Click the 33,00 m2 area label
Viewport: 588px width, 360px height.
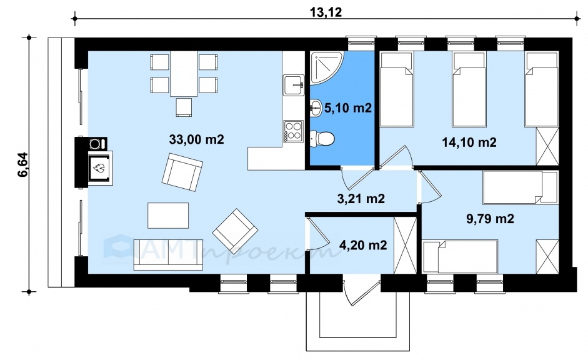(196, 139)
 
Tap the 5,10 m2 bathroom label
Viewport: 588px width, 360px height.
(347, 108)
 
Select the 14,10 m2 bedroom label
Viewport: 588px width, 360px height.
(469, 142)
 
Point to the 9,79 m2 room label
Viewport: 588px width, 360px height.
(490, 218)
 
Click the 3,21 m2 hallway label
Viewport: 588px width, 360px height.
(361, 198)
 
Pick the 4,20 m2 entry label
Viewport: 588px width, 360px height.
(362, 245)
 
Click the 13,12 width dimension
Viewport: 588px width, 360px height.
(326, 12)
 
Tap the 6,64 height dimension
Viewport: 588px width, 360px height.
(22, 164)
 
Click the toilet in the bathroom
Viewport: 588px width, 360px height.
(322, 138)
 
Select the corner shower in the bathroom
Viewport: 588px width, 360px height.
(326, 67)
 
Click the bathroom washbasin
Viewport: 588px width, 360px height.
(316, 108)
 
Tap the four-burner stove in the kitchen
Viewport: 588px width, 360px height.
(293, 131)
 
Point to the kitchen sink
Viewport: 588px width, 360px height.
(293, 85)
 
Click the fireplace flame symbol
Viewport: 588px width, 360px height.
(99, 167)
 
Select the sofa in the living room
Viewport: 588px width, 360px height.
(168, 255)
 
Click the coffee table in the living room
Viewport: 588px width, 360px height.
(168, 215)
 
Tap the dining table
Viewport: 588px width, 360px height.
(184, 74)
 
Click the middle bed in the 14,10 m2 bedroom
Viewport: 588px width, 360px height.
(469, 89)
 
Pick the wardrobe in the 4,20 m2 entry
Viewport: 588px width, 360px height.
(405, 245)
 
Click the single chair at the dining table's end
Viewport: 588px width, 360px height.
(184, 107)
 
